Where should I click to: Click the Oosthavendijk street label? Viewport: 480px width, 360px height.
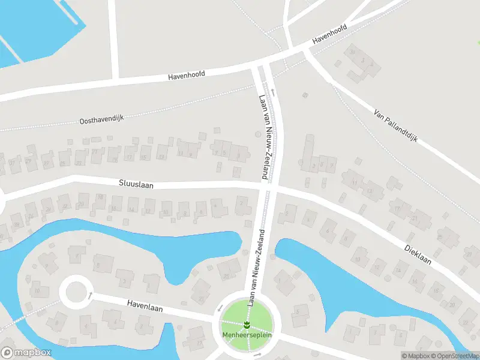pyautogui.click(x=101, y=119)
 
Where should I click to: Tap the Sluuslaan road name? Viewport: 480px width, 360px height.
pyautogui.click(x=136, y=185)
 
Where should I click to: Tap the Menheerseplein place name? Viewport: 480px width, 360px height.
pyautogui.click(x=247, y=335)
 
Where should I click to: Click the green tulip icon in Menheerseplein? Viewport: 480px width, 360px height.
pyautogui.click(x=247, y=325)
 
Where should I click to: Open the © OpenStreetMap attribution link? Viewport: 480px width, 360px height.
pyautogui.click(x=455, y=356)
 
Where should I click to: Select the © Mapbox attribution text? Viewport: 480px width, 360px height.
pyautogui.click(x=415, y=356)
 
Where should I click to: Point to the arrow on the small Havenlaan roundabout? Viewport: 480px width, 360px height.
pyautogui.click(x=91, y=295)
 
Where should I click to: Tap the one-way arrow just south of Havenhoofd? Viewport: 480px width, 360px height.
pyautogui.click(x=272, y=92)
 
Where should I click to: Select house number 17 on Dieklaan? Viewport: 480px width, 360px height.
pyautogui.click(x=397, y=209)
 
